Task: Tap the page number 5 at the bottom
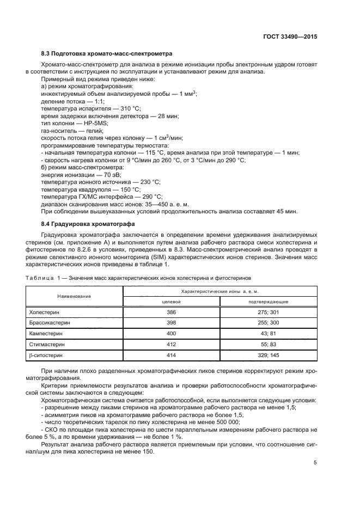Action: click(x=315, y=463)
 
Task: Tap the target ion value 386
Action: click(x=172, y=313)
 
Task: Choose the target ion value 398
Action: click(x=172, y=323)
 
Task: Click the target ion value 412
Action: click(x=172, y=344)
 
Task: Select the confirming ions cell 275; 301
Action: click(x=269, y=313)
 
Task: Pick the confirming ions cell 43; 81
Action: click(x=269, y=334)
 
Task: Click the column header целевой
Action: click(x=172, y=302)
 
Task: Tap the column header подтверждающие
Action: click(x=269, y=302)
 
